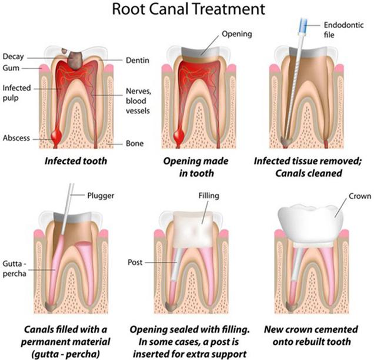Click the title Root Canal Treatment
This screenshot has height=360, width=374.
coord(188,9)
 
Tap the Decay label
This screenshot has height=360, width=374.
coord(13,57)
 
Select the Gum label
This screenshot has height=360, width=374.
coord(11,68)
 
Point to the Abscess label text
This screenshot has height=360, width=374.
coord(16,138)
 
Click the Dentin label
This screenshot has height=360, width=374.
coord(138,60)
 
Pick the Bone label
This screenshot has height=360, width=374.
coord(135,143)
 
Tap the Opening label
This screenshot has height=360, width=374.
coord(236,34)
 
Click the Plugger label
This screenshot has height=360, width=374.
coord(101,196)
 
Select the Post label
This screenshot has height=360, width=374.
coord(135,263)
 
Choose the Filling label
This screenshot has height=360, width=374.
coord(209,196)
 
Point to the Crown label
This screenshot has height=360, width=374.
coord(360,196)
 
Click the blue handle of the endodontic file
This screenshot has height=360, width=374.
coord(302,26)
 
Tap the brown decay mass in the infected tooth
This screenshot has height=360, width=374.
coord(75,60)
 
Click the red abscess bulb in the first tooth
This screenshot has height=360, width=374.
coord(56,136)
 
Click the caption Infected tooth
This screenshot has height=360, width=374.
coord(76,161)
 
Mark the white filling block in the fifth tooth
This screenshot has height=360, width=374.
coord(193,230)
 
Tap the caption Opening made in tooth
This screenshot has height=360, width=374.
coord(196,167)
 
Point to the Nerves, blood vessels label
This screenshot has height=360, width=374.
coord(138,101)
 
